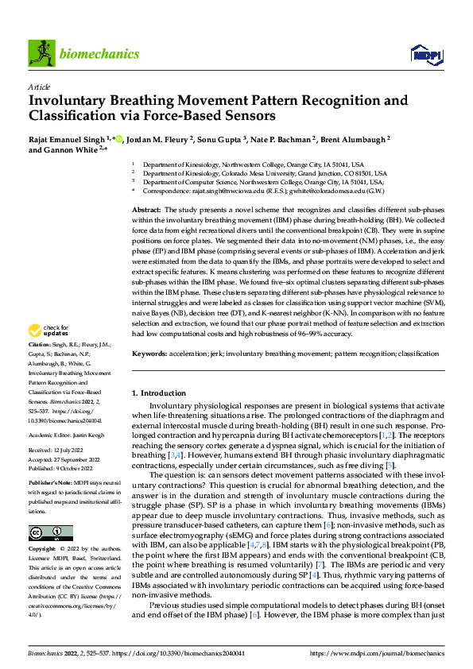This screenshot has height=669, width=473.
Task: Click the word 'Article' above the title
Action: click(39, 87)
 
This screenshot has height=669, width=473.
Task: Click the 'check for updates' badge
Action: click(48, 352)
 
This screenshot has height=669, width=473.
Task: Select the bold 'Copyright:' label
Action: click(43, 549)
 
